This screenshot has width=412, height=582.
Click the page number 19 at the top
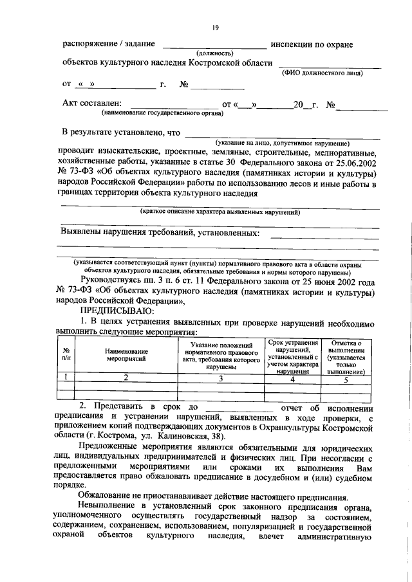tap(216, 26)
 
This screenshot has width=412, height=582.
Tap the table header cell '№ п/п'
tap(66, 356)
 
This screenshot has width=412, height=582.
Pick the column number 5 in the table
tap(346, 379)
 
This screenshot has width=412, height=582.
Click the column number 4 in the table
tap(293, 379)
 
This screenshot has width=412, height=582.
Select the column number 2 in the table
tap(127, 379)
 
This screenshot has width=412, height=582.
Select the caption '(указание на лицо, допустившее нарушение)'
tap(283, 142)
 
